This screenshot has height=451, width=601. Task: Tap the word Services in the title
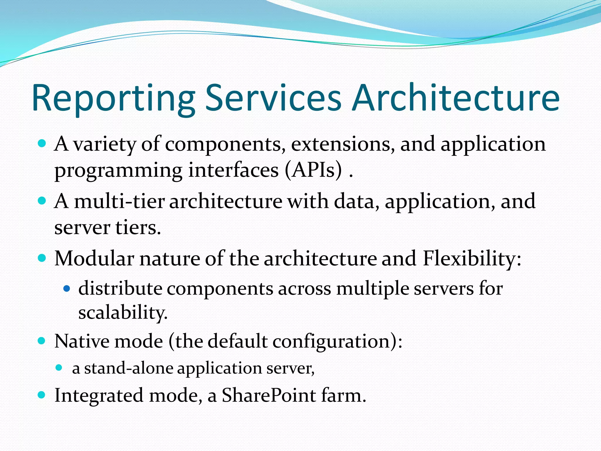pyautogui.click(x=273, y=98)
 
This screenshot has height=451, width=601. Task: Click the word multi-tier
pyautogui.click(x=119, y=201)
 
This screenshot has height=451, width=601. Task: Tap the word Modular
pyautogui.click(x=94, y=259)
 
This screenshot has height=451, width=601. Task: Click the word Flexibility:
pyautogui.click(x=472, y=259)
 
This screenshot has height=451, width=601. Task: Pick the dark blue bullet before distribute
pyautogui.click(x=67, y=289)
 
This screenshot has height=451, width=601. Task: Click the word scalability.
pyautogui.click(x=123, y=312)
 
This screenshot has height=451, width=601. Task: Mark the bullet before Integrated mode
pyautogui.click(x=42, y=395)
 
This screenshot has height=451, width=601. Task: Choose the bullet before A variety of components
pyautogui.click(x=42, y=144)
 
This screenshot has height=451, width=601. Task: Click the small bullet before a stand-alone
pyautogui.click(x=59, y=367)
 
